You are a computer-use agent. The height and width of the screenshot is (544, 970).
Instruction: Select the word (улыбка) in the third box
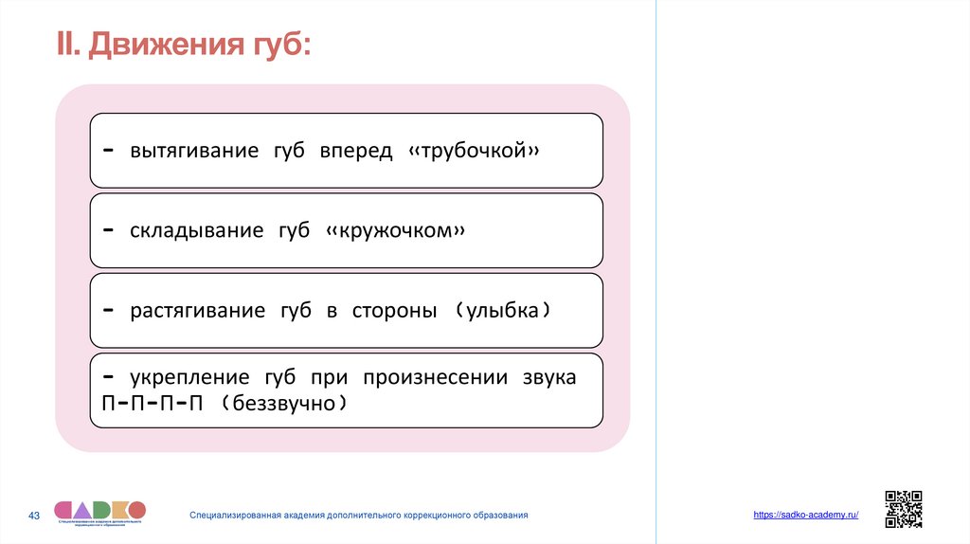[502, 311]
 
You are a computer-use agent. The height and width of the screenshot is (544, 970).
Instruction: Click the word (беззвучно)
[279, 404]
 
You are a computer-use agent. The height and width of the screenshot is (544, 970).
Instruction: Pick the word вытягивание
[194, 152]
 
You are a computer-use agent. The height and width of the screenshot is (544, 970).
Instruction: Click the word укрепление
[191, 377]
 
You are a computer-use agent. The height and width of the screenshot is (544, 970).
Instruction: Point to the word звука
[548, 377]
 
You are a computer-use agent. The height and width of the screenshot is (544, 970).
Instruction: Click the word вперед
[355, 152]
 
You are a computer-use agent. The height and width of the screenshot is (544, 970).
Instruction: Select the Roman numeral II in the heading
[66, 44]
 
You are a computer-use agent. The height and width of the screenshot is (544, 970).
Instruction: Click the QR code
[903, 509]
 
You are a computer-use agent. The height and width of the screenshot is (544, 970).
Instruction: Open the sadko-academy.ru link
[806, 515]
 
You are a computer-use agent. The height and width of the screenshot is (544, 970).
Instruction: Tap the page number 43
[34, 516]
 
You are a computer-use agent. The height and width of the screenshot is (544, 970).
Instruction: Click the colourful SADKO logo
[99, 510]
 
